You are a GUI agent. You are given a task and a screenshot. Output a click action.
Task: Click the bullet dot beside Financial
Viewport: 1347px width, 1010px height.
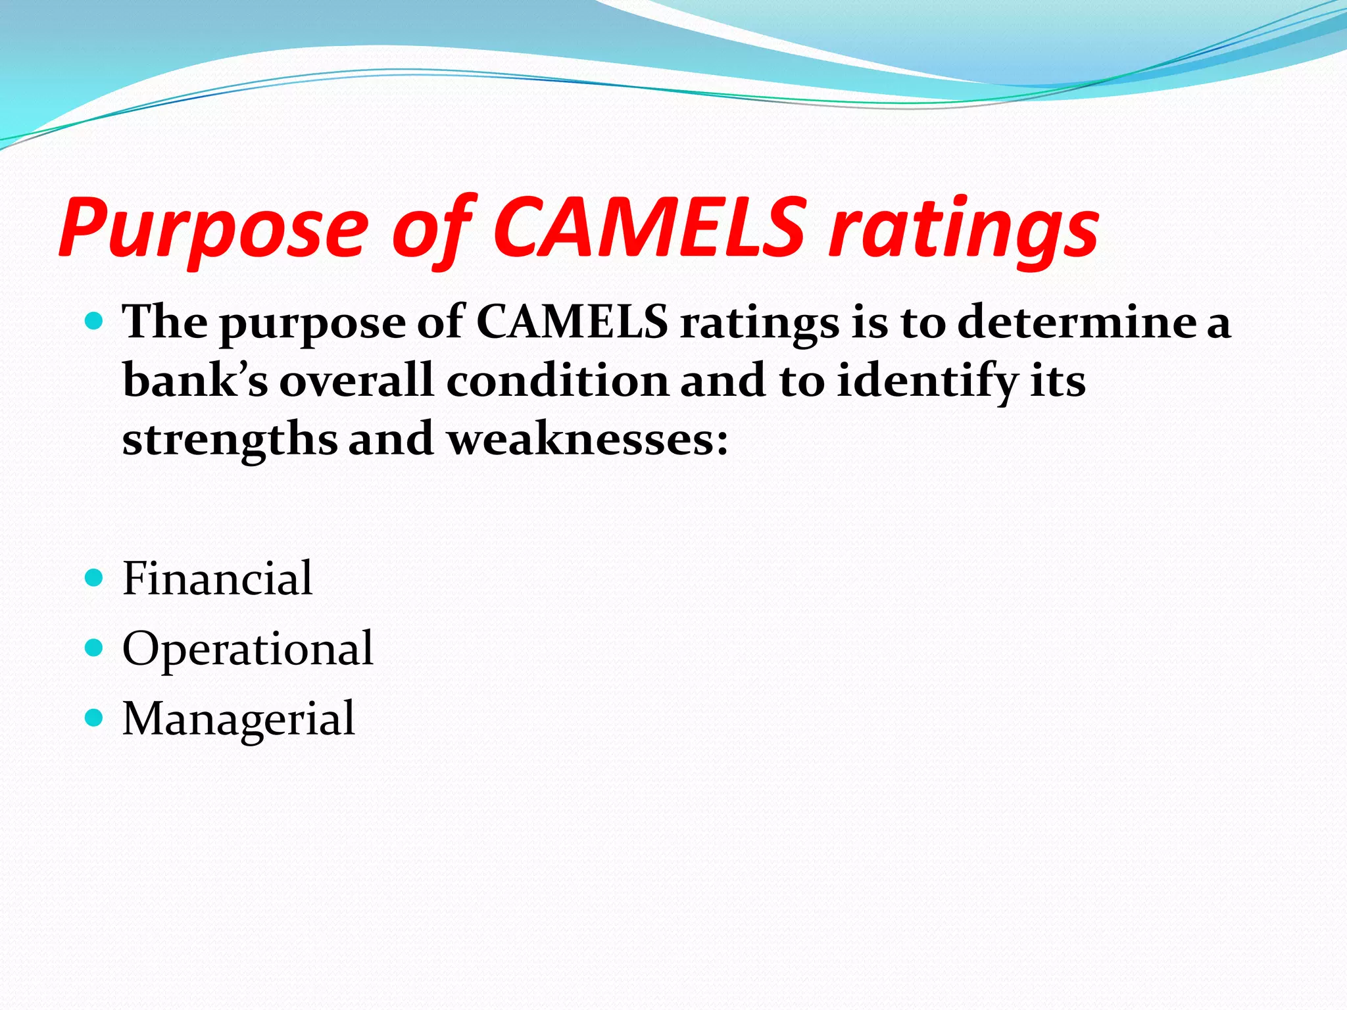[95, 578]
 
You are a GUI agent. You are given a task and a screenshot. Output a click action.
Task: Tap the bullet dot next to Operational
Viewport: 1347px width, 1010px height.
[95, 648]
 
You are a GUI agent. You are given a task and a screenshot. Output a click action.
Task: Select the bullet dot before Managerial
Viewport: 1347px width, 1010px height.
[95, 717]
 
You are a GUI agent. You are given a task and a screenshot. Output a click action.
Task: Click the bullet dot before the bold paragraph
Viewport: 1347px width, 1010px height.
[95, 322]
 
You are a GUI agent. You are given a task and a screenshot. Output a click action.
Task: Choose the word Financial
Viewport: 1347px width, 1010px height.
[217, 579]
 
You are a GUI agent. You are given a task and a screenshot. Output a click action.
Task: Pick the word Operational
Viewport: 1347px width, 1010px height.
[248, 649]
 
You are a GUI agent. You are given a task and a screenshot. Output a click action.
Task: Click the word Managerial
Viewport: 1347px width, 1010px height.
[239, 718]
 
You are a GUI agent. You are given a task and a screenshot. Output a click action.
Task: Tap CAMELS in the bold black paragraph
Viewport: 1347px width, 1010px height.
[572, 322]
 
